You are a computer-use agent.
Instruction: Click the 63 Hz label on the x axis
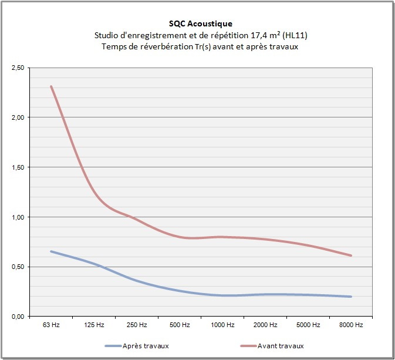tap(51, 325)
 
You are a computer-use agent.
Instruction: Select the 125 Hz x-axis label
tap(94, 325)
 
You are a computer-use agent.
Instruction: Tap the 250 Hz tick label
tap(137, 325)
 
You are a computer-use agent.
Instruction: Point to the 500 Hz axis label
tap(180, 325)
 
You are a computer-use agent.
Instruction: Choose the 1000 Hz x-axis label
tap(222, 325)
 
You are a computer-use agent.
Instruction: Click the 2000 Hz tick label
tap(265, 325)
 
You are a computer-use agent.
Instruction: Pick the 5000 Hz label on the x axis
tap(308, 325)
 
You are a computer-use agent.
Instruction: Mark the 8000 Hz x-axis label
tap(351, 325)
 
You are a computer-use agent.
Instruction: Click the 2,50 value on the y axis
tap(18, 68)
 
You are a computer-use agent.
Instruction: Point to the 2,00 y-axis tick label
tap(18, 117)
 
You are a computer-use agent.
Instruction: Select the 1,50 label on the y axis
tap(18, 167)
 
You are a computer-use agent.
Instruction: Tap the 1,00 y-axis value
tap(18, 217)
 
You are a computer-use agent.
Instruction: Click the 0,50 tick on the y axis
tap(18, 267)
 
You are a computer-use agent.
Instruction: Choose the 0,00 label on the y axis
tap(18, 317)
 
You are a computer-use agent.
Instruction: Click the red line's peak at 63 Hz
tap(51, 86)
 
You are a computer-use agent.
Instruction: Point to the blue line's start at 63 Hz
tap(51, 251)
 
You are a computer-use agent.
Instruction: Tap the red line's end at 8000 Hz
tap(351, 255)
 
